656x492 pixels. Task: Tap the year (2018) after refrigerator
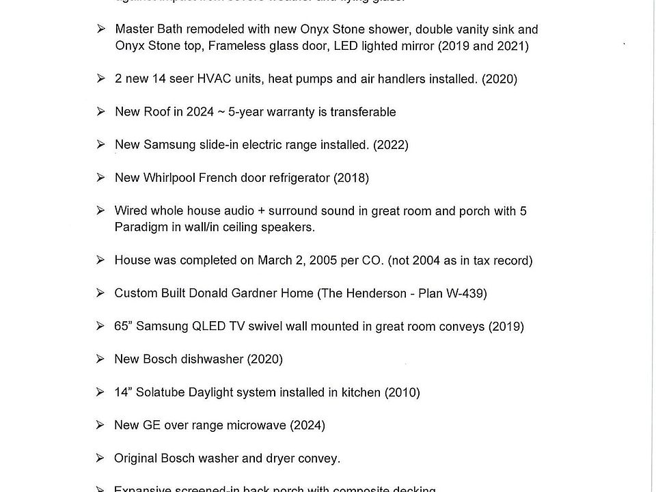click(351, 178)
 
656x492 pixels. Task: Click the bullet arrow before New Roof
click(100, 111)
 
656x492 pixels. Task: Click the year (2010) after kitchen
click(402, 392)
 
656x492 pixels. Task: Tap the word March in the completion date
click(275, 260)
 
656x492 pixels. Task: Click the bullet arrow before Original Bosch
click(100, 458)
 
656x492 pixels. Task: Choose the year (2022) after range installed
click(391, 145)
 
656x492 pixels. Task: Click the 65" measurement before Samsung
click(123, 327)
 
